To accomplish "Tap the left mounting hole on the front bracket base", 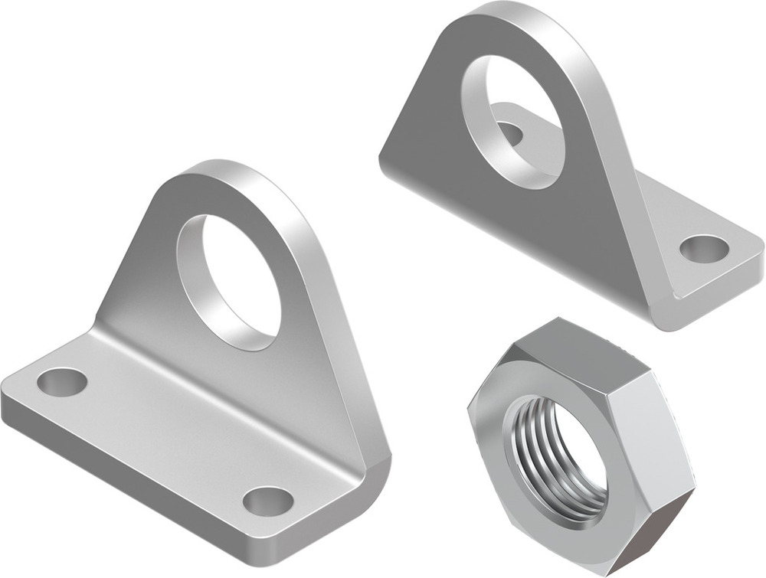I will click(x=62, y=381).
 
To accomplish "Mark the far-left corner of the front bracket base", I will click(x=6, y=398).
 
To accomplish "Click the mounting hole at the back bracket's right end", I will click(x=704, y=247).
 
